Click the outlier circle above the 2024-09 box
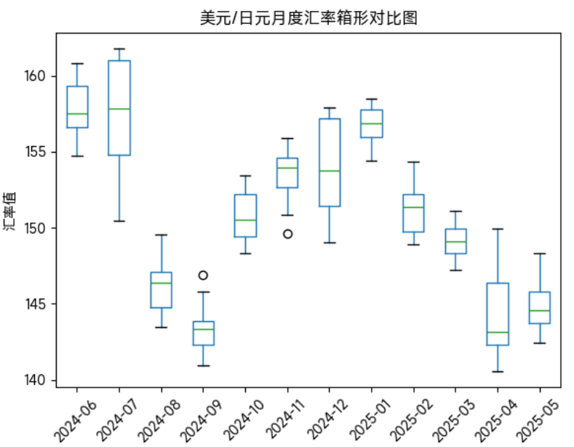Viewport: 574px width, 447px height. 204,275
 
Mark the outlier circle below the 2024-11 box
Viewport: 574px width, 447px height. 287,234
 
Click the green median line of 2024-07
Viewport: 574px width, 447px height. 119,109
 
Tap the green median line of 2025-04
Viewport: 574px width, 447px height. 498,332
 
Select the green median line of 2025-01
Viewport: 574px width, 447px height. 372,124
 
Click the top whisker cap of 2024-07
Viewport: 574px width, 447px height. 119,49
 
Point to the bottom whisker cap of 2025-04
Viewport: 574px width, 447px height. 498,371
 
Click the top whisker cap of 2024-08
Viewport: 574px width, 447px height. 162,235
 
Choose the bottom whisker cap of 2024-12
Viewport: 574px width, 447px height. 330,243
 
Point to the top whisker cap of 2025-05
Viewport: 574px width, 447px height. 540,254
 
